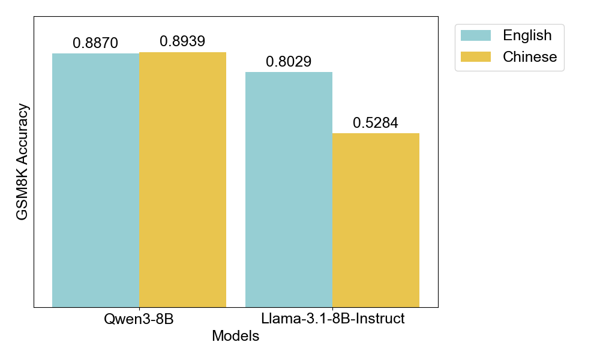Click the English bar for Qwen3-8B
click(95, 180)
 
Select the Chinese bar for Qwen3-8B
click(182, 179)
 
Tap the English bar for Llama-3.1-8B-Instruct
click(289, 190)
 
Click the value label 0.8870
click(95, 43)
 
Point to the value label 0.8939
click(182, 41)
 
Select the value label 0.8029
click(289, 62)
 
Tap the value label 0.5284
click(376, 123)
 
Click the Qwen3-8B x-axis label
click(139, 319)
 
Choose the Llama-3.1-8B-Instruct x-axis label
click(332, 319)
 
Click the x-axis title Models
click(236, 336)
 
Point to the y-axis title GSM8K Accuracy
click(22, 162)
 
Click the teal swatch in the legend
click(475, 35)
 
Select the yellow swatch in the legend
click(475, 57)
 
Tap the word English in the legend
click(527, 35)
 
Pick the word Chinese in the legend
click(530, 57)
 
